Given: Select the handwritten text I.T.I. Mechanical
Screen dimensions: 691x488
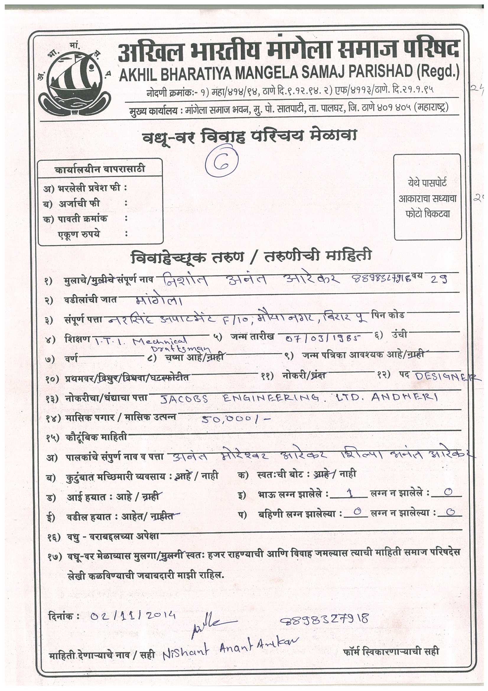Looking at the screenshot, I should tap(141, 341).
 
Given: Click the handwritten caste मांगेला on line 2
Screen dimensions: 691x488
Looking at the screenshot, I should tap(158, 301).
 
